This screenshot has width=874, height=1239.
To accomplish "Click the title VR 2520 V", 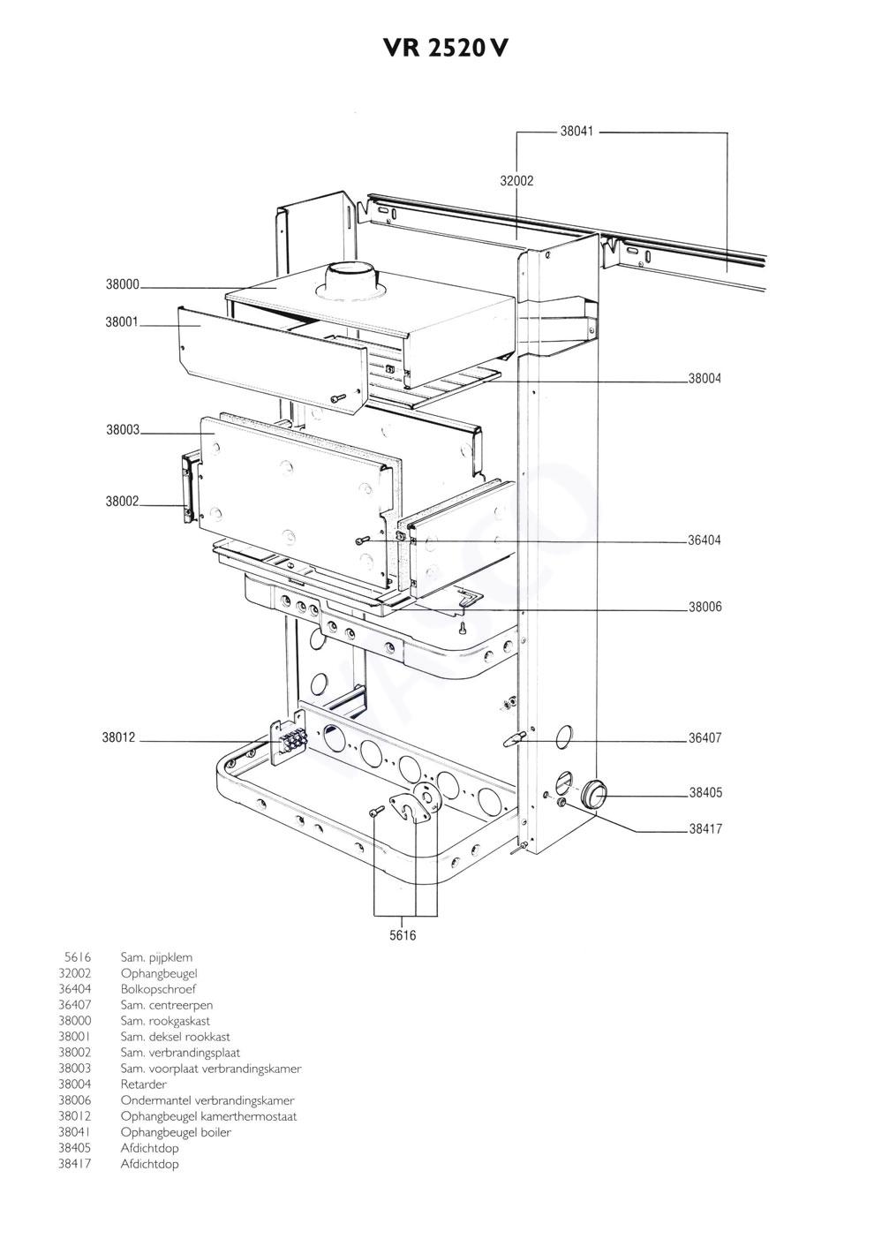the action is click(x=445, y=49).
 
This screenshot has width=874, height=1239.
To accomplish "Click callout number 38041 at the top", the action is click(x=576, y=132).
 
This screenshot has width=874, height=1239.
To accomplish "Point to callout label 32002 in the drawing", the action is click(x=516, y=181).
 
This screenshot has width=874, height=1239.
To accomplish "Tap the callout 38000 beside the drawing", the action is click(x=122, y=285).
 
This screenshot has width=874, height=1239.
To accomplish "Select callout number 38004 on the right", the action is click(x=704, y=379).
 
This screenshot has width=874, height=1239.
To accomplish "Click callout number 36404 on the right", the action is click(x=704, y=540).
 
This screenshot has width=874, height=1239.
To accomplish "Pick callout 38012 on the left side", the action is click(x=118, y=738).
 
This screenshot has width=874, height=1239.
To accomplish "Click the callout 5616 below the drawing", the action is click(x=403, y=936).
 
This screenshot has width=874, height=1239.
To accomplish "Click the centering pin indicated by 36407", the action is click(x=514, y=739).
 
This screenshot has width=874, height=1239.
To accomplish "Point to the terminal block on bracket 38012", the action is click(x=294, y=738).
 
